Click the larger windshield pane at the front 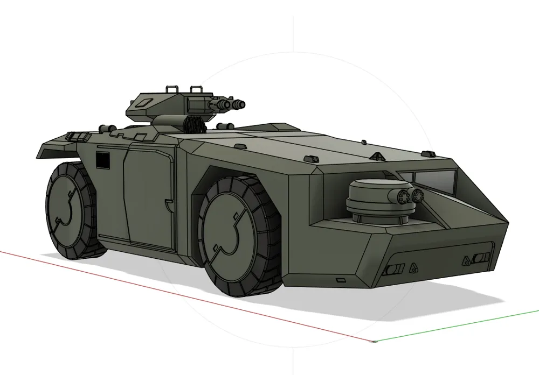pyautogui.click(x=431, y=181)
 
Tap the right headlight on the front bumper pyautogui.click(x=480, y=259)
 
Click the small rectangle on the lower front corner pyautogui.click(x=340, y=280)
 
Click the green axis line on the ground pyautogui.click(x=458, y=326)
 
